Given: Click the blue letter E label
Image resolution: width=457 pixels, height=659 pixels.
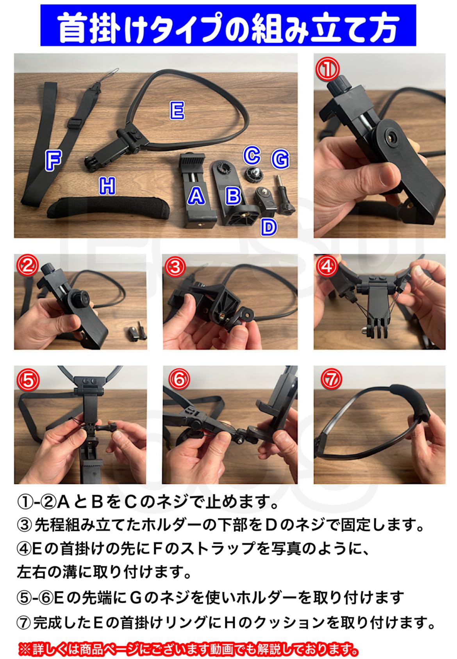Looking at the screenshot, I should point(177,110).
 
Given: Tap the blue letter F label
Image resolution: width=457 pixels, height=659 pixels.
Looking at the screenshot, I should point(53,160).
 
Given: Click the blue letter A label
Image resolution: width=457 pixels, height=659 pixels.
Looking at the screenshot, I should point(196,195).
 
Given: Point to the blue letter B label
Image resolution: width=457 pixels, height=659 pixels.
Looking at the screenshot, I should point(233,195).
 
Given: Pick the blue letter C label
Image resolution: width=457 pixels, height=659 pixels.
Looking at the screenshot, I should point(252,155).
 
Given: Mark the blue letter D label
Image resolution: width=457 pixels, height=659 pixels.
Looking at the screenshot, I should point(269,227).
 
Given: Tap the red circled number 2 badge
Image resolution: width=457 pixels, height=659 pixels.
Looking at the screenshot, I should point(27,267).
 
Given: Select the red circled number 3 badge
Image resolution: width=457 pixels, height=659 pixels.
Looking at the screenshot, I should point(175,267).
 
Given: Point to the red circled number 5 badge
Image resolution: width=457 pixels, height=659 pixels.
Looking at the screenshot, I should point(28,379).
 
